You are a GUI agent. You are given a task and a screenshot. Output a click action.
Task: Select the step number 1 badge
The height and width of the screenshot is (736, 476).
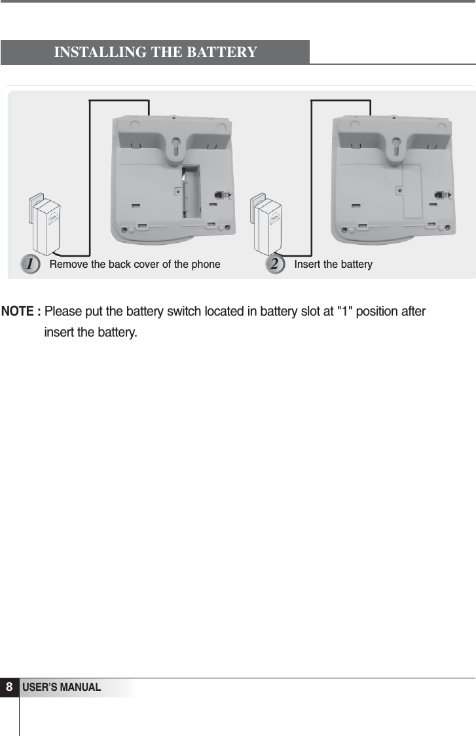[29, 264]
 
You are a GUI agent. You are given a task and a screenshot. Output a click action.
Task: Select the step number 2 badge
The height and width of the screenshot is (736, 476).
[276, 264]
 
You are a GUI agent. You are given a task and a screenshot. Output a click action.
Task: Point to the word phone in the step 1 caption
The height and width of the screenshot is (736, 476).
[206, 265]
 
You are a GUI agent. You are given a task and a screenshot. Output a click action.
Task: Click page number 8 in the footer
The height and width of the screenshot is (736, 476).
[10, 688]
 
